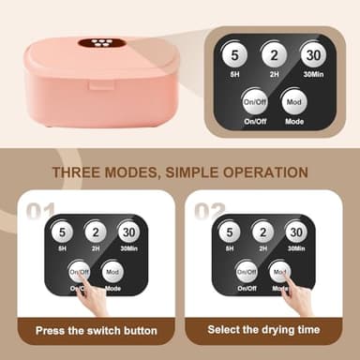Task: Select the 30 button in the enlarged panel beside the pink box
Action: [x=313, y=55]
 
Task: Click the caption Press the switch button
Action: [x=97, y=330]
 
